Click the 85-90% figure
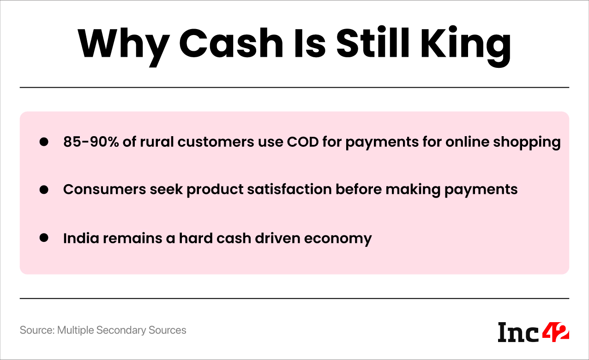tap(90, 142)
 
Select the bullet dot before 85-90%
tap(44, 142)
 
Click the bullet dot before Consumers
tap(44, 190)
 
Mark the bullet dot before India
tap(44, 238)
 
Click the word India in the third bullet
tap(78, 238)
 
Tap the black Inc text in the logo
tap(518, 332)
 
